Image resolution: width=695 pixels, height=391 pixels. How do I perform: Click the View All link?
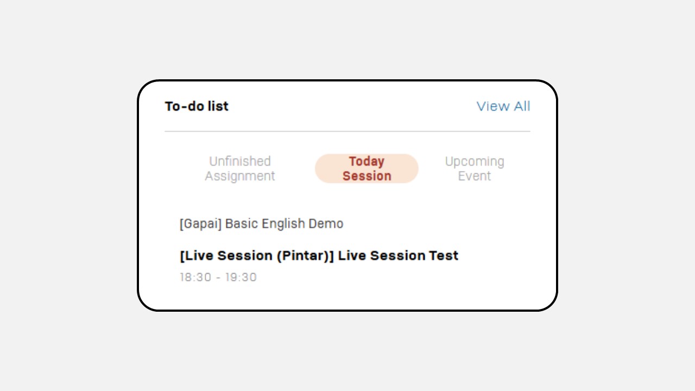[503, 106]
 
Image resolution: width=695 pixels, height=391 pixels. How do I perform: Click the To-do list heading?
[197, 106]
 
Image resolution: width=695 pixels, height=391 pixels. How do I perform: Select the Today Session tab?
[367, 168]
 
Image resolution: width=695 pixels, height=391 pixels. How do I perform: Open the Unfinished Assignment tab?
[239, 168]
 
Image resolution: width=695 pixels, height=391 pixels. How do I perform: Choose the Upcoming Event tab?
[475, 168]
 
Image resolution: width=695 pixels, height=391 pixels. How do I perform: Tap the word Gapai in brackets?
[200, 224]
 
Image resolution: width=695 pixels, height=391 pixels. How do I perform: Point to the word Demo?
[326, 224]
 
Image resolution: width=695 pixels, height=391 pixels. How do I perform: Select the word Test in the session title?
[444, 256]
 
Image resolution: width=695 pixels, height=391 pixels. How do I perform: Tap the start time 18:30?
[195, 277]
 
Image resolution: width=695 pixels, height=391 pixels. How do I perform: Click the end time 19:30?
[241, 277]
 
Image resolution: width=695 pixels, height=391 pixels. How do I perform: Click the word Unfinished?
[240, 161]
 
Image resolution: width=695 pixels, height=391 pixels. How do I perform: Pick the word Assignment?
[239, 176]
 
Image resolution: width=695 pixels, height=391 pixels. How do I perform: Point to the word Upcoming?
[475, 162]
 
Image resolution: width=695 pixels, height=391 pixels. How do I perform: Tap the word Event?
[475, 176]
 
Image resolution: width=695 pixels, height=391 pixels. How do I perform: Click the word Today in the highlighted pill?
[367, 162]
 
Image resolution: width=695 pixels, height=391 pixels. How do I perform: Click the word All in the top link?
[522, 106]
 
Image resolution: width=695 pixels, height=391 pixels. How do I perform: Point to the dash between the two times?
[218, 278]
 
